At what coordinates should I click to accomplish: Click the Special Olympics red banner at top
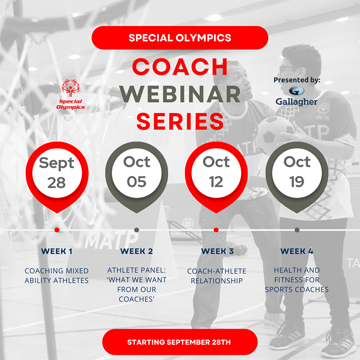[x=180, y=37]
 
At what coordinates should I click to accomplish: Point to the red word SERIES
[x=180, y=121]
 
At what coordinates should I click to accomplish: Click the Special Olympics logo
[x=71, y=95]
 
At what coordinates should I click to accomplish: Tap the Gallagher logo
[x=297, y=96]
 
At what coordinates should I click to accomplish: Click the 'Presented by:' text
[x=297, y=80]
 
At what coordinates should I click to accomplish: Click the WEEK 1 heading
[x=57, y=251]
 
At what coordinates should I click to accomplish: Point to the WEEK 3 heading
[x=217, y=251]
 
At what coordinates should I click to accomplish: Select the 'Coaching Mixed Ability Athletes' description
[x=57, y=275]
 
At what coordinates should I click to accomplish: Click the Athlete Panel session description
[x=137, y=285]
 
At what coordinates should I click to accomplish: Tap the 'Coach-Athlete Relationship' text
[x=217, y=275]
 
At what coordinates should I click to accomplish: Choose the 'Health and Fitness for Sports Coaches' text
[x=297, y=279]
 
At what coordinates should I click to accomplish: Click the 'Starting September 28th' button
[x=180, y=342]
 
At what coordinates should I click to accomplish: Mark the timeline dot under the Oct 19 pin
[x=297, y=230]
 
